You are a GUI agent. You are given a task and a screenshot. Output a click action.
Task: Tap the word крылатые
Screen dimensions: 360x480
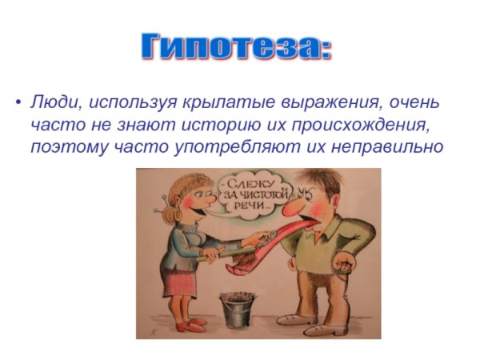[x=211, y=104]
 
